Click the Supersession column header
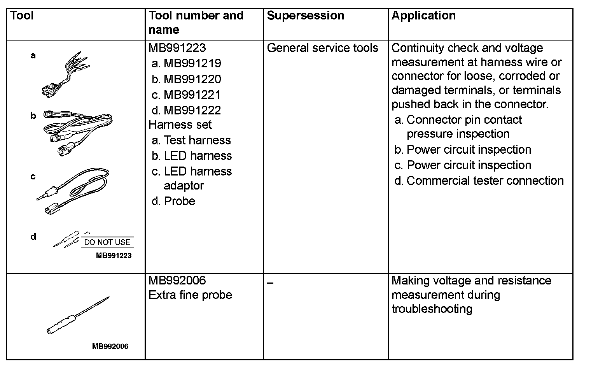pos(306,16)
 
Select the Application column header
pos(423,16)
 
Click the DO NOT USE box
pos(107,242)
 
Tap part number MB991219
pos(192,63)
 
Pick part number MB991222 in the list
pos(192,110)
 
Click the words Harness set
pos(180,125)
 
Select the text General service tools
pos(322,48)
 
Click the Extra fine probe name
pos(190,295)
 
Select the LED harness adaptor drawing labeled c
pos(74,191)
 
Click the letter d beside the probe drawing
pos(33,237)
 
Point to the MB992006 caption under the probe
pos(110,346)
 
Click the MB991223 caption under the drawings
pos(114,256)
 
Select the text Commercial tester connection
pos(485,181)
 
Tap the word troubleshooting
pos(432,309)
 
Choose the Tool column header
pos(22,16)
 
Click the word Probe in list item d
pos(179,201)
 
